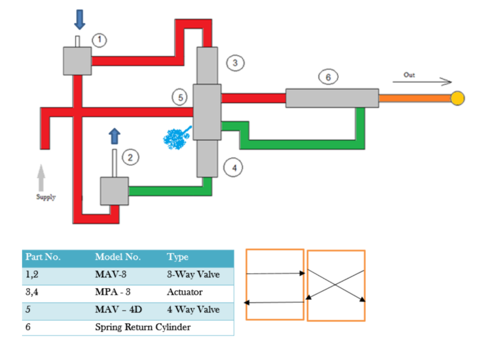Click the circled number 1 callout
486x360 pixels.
pyautogui.click(x=99, y=40)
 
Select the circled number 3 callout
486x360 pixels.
pyautogui.click(x=235, y=63)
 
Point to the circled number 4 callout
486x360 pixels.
pyautogui.click(x=234, y=168)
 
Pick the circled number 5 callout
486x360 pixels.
pyautogui.click(x=180, y=98)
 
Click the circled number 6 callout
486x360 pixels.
pyautogui.click(x=328, y=77)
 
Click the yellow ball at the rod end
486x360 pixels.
pyautogui.click(x=457, y=98)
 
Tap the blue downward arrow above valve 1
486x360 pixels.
pyautogui.click(x=79, y=20)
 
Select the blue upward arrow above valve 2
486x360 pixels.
pyautogui.click(x=114, y=136)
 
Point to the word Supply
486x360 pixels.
pyautogui.click(x=46, y=197)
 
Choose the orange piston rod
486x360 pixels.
pyautogui.click(x=414, y=98)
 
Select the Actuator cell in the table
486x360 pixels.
pyautogui.click(x=184, y=292)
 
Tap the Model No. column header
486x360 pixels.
pyautogui.click(x=118, y=257)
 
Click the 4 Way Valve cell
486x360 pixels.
pyautogui.click(x=193, y=310)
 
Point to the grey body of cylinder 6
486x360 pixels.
pyautogui.click(x=332, y=98)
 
